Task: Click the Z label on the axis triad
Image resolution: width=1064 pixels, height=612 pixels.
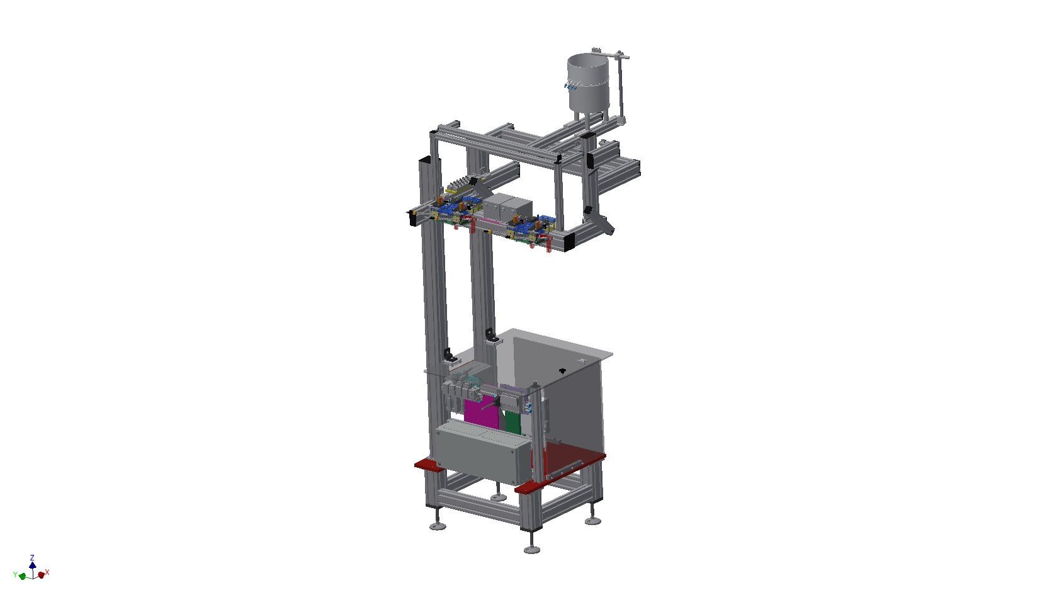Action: point(32,557)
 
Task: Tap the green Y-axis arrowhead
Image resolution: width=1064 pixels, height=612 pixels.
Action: point(22,576)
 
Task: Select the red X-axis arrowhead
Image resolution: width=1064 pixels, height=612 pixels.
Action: point(42,575)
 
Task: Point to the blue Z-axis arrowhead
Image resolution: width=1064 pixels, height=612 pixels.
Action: point(32,565)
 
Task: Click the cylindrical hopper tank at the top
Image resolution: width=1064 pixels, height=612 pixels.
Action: point(587,84)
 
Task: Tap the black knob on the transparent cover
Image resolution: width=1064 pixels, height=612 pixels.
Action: point(562,370)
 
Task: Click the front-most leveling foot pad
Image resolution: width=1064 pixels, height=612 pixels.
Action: point(532,550)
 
